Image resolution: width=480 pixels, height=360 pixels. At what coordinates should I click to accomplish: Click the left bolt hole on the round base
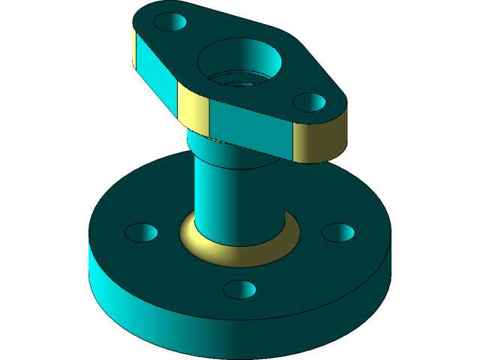point(141,232)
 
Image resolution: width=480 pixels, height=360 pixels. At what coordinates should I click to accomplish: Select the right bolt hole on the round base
point(337,232)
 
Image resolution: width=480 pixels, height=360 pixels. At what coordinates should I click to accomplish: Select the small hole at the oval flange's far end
point(169,22)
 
